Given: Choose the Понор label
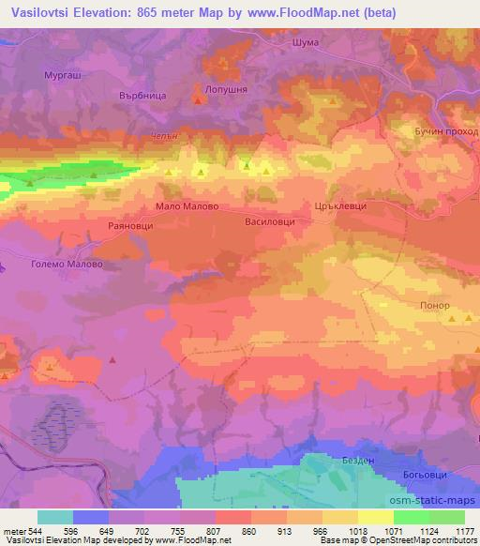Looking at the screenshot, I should [x=436, y=306].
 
